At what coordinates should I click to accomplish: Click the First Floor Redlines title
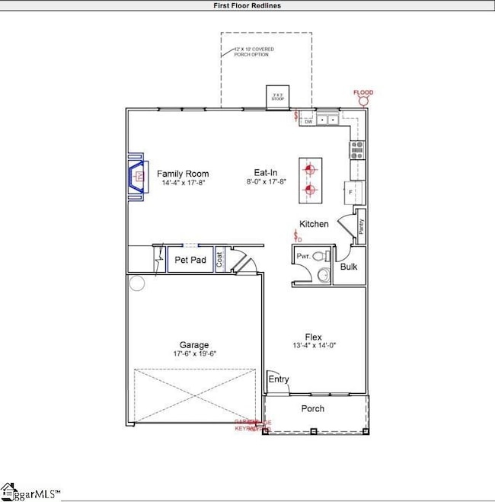(247, 5)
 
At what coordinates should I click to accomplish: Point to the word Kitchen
(314, 224)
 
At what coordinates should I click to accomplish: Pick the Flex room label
(314, 337)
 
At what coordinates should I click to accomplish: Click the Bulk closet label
(349, 267)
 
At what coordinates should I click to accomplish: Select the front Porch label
(312, 409)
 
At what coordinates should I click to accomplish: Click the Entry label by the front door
(277, 379)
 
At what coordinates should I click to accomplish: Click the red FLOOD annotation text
(363, 93)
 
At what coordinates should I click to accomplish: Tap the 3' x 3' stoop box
(276, 98)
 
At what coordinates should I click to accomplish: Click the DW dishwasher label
(308, 121)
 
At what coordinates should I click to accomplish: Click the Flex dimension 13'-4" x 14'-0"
(314, 347)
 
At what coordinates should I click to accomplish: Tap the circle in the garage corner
(136, 284)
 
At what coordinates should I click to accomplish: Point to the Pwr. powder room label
(303, 257)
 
